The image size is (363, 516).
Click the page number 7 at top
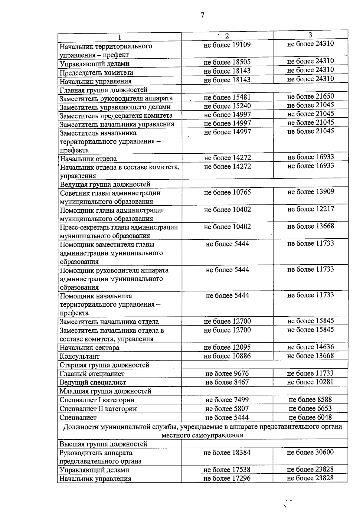(202, 15)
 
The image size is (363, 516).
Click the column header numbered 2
(227, 36)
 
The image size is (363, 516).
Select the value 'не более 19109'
(227, 45)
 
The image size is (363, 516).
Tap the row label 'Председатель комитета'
(96, 73)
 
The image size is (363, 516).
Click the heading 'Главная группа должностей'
(103, 90)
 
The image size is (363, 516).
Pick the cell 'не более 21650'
(310, 96)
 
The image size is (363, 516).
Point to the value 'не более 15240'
(227, 106)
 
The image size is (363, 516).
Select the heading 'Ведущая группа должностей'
(105, 184)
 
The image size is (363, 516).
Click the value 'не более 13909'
(310, 192)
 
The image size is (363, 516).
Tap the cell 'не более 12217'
(310, 209)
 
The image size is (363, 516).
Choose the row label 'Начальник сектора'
(89, 348)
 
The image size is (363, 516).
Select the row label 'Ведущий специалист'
(93, 383)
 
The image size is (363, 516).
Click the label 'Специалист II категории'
(98, 409)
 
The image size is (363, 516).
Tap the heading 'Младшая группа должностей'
(105, 391)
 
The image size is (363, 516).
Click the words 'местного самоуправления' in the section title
(202, 436)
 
